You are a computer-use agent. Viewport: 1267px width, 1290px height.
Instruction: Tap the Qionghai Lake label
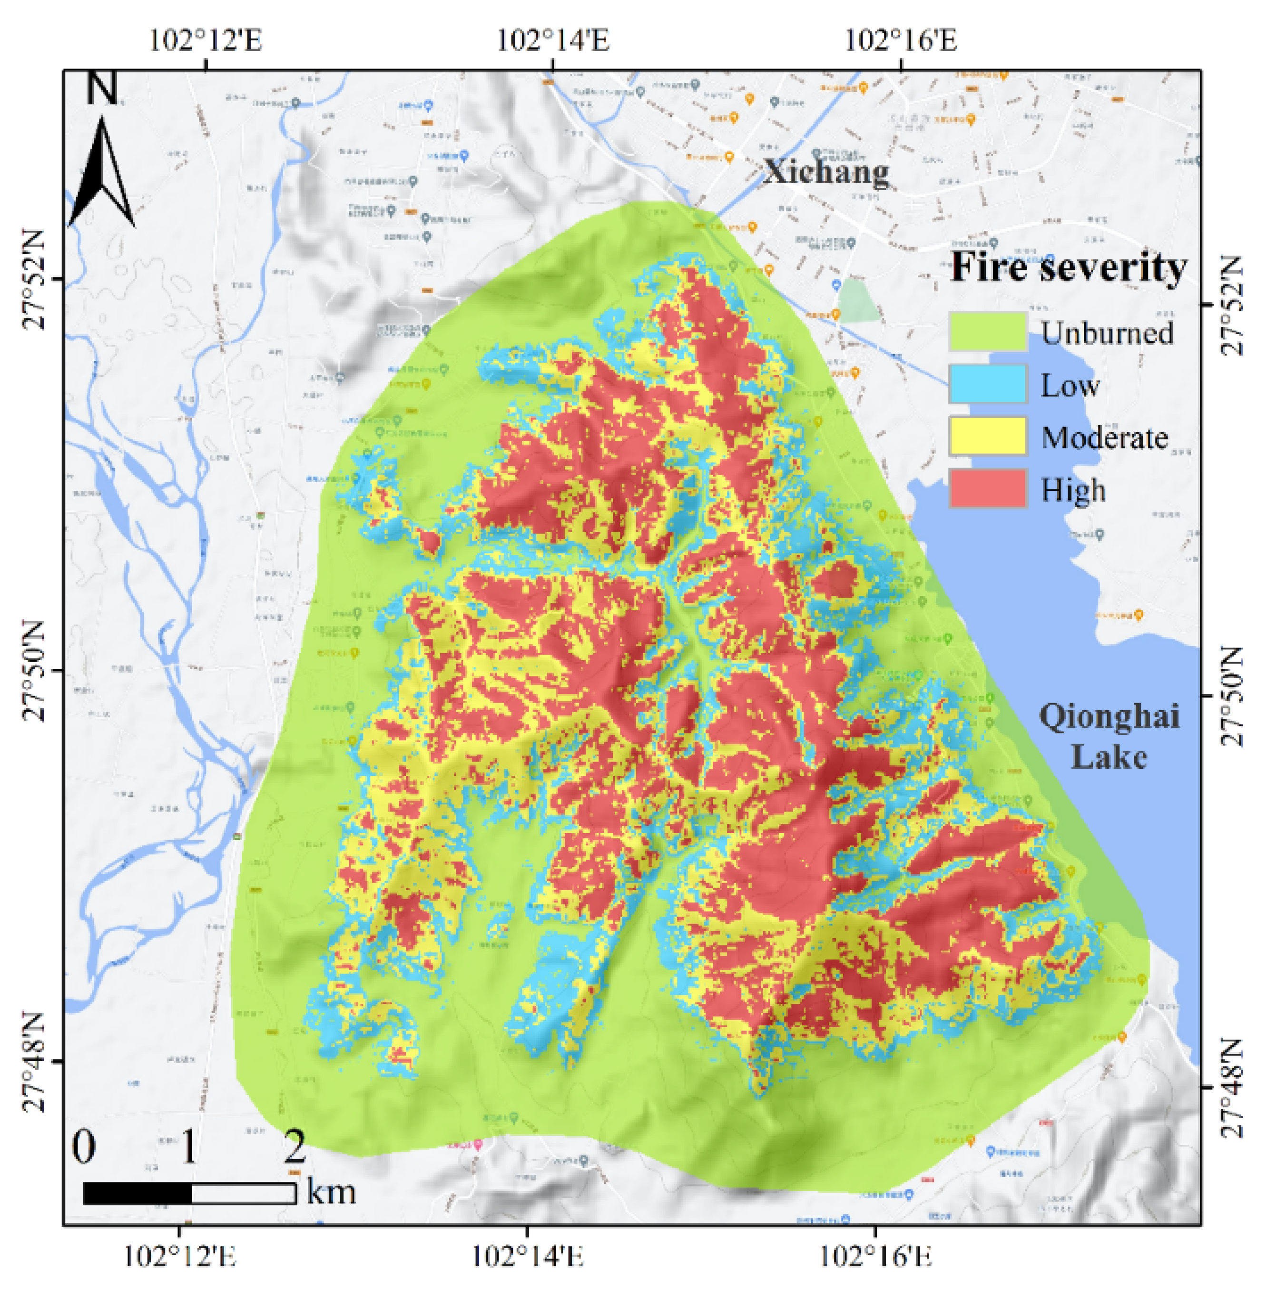point(1110,736)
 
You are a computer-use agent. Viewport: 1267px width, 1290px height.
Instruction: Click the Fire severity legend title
point(1068,268)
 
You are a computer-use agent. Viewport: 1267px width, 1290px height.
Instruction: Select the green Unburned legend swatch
point(988,331)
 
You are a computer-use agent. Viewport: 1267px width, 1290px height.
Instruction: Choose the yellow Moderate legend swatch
point(988,436)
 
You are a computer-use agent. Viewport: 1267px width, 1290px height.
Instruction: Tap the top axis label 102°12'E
point(206,40)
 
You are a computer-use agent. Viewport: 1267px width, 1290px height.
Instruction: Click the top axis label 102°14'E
point(553,40)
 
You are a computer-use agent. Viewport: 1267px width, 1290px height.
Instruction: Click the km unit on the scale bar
point(331,1191)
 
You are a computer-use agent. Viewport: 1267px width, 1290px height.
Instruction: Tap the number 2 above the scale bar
point(294,1146)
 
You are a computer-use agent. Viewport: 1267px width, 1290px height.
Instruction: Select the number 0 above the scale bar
point(84,1146)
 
